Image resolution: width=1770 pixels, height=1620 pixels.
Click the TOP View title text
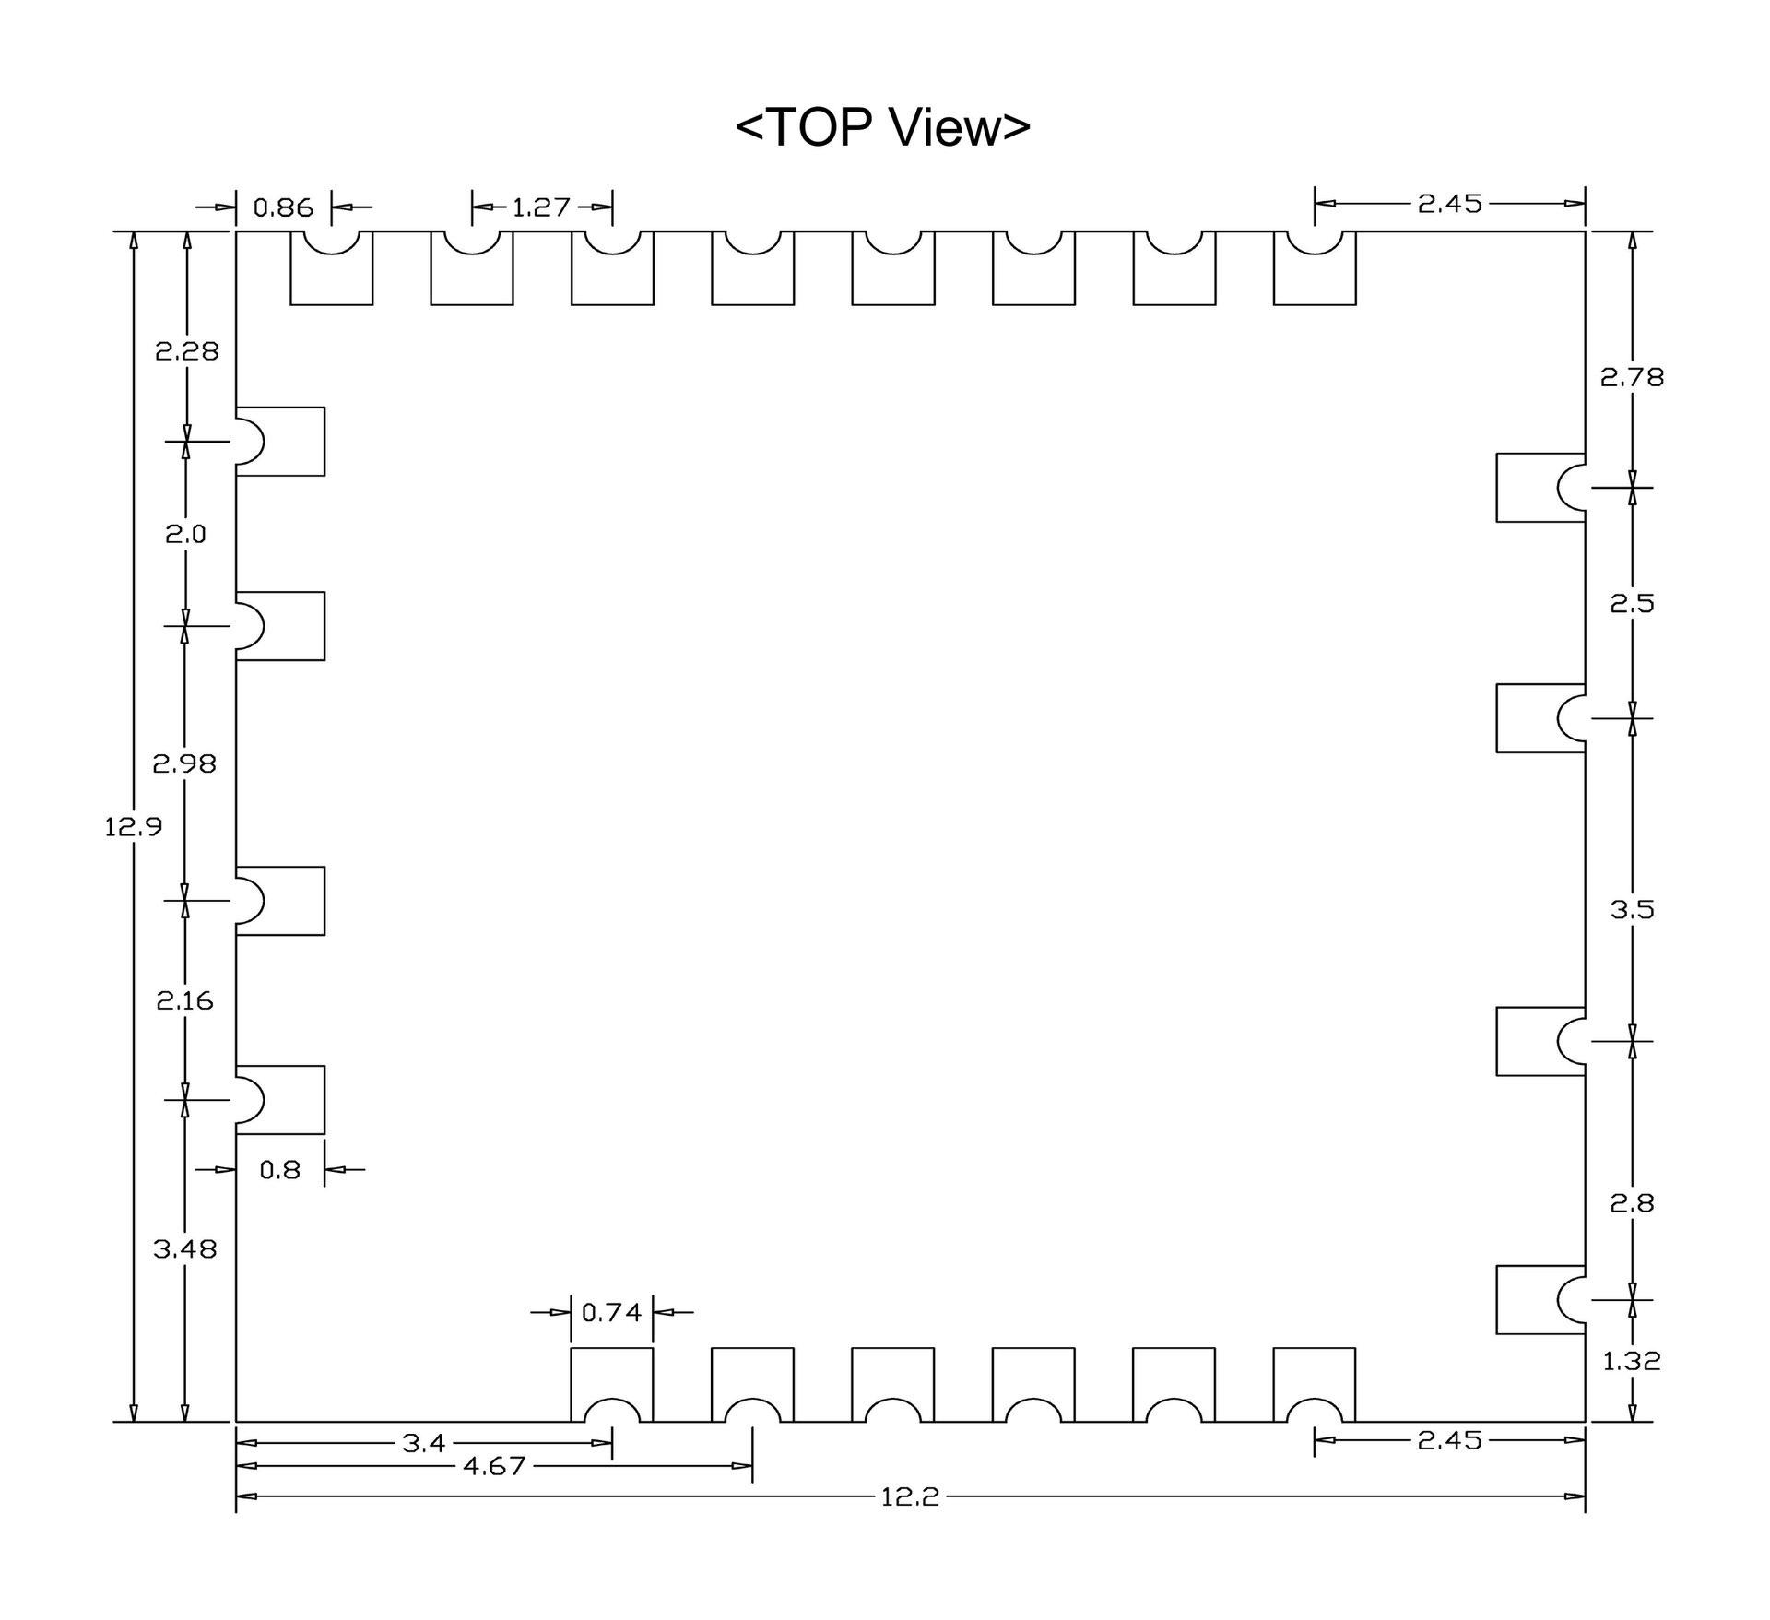coord(882,127)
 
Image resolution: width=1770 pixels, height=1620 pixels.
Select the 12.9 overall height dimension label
coord(133,827)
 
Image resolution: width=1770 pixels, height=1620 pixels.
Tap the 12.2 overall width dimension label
coord(909,1496)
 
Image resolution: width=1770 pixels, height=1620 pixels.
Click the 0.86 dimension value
coord(283,207)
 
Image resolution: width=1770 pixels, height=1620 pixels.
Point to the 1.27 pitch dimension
coord(541,207)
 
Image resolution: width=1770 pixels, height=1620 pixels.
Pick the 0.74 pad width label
coord(611,1311)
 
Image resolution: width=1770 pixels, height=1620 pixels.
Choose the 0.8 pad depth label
coord(280,1170)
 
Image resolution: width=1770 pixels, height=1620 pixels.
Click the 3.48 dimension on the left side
coord(185,1249)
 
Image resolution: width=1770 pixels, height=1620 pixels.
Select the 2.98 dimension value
coord(185,763)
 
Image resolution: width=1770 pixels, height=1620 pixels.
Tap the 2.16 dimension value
coord(184,1000)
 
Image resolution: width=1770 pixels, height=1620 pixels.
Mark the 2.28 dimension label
coord(187,351)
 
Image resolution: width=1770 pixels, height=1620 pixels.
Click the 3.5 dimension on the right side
coord(1633,910)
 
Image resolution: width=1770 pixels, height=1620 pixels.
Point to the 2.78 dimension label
coord(1632,377)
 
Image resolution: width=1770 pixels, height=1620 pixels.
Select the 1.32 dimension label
coord(1632,1361)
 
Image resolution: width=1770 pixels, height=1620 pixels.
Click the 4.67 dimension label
coord(494,1466)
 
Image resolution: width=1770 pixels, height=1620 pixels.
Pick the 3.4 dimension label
coord(424,1443)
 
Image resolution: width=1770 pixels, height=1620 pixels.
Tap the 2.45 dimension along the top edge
coord(1450,203)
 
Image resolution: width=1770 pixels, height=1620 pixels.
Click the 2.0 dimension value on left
coord(185,534)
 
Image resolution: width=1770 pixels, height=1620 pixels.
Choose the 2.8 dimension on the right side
coord(1633,1203)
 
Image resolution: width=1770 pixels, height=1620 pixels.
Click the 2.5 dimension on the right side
coord(1633,604)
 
